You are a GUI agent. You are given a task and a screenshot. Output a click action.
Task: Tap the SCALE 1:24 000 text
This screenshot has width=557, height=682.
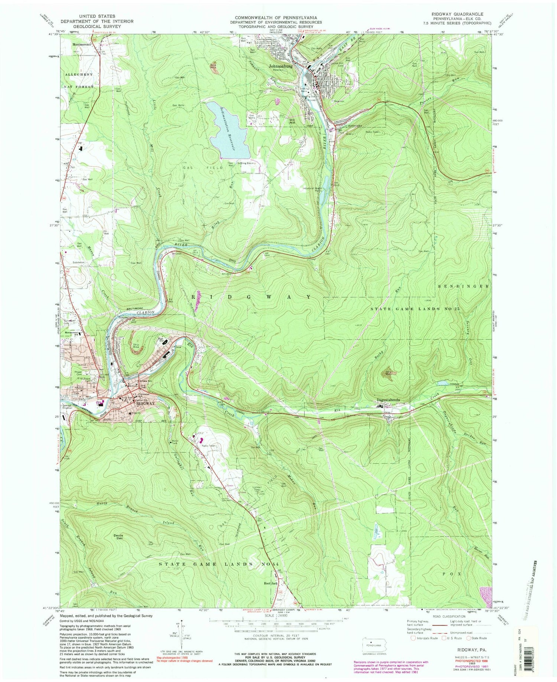point(275,615)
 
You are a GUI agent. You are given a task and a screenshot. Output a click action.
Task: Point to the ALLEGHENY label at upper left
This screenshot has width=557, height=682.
point(79,74)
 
